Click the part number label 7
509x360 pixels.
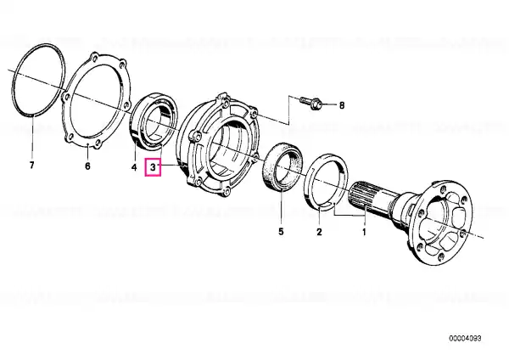pos(31,166)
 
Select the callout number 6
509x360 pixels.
pos(87,166)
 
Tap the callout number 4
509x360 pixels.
pos(134,167)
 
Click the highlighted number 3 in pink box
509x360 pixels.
pos(153,167)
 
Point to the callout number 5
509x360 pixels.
pos(281,231)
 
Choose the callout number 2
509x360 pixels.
pos(319,232)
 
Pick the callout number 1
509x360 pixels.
pos(364,232)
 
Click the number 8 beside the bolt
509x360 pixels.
pos(342,105)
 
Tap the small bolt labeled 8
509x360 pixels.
pos(310,103)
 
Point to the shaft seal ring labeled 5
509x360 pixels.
pos(268,169)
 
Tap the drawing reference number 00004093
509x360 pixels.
pos(465,338)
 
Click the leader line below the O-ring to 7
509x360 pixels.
pos(32,137)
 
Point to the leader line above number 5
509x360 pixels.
pos(281,208)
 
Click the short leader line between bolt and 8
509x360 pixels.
pos(329,104)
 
